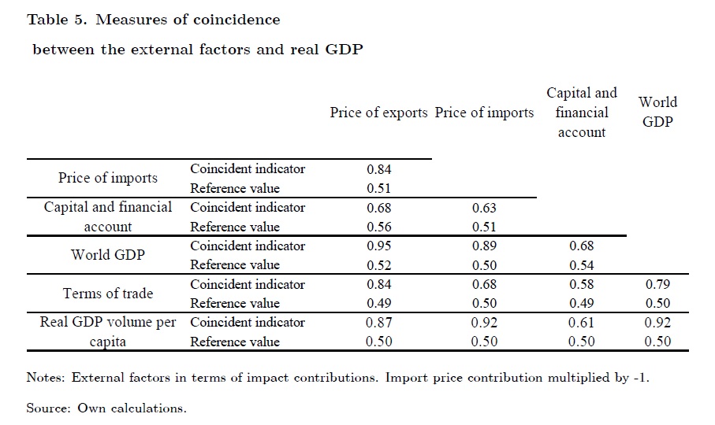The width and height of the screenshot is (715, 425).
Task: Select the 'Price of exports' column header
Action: [380, 113]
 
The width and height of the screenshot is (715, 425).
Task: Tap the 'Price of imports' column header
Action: [484, 113]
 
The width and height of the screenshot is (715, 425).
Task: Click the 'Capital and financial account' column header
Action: [582, 113]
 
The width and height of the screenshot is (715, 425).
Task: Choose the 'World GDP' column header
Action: [658, 113]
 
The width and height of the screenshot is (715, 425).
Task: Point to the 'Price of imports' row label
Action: [107, 178]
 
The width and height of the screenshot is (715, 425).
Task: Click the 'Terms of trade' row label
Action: [108, 294]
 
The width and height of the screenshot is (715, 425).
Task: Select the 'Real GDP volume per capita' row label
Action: [108, 331]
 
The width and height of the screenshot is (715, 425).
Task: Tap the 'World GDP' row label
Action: [107, 255]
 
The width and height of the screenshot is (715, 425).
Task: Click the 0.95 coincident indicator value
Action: [379, 246]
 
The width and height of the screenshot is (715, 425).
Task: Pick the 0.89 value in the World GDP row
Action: [484, 246]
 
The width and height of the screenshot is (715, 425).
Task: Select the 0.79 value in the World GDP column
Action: [657, 284]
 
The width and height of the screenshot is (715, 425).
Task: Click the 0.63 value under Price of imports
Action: [484, 208]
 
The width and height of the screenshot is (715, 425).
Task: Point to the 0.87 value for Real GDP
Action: [379, 322]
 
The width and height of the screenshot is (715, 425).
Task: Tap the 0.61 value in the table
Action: [582, 322]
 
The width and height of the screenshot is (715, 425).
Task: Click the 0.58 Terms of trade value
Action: [582, 284]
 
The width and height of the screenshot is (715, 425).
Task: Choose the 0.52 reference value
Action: [379, 265]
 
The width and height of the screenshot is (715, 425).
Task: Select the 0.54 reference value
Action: [582, 265]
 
